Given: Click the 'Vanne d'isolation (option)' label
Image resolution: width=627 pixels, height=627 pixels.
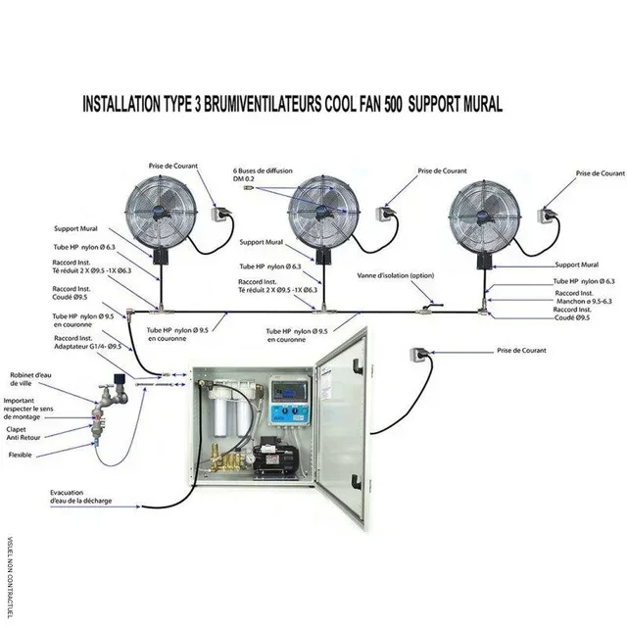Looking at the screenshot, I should point(395,275).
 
